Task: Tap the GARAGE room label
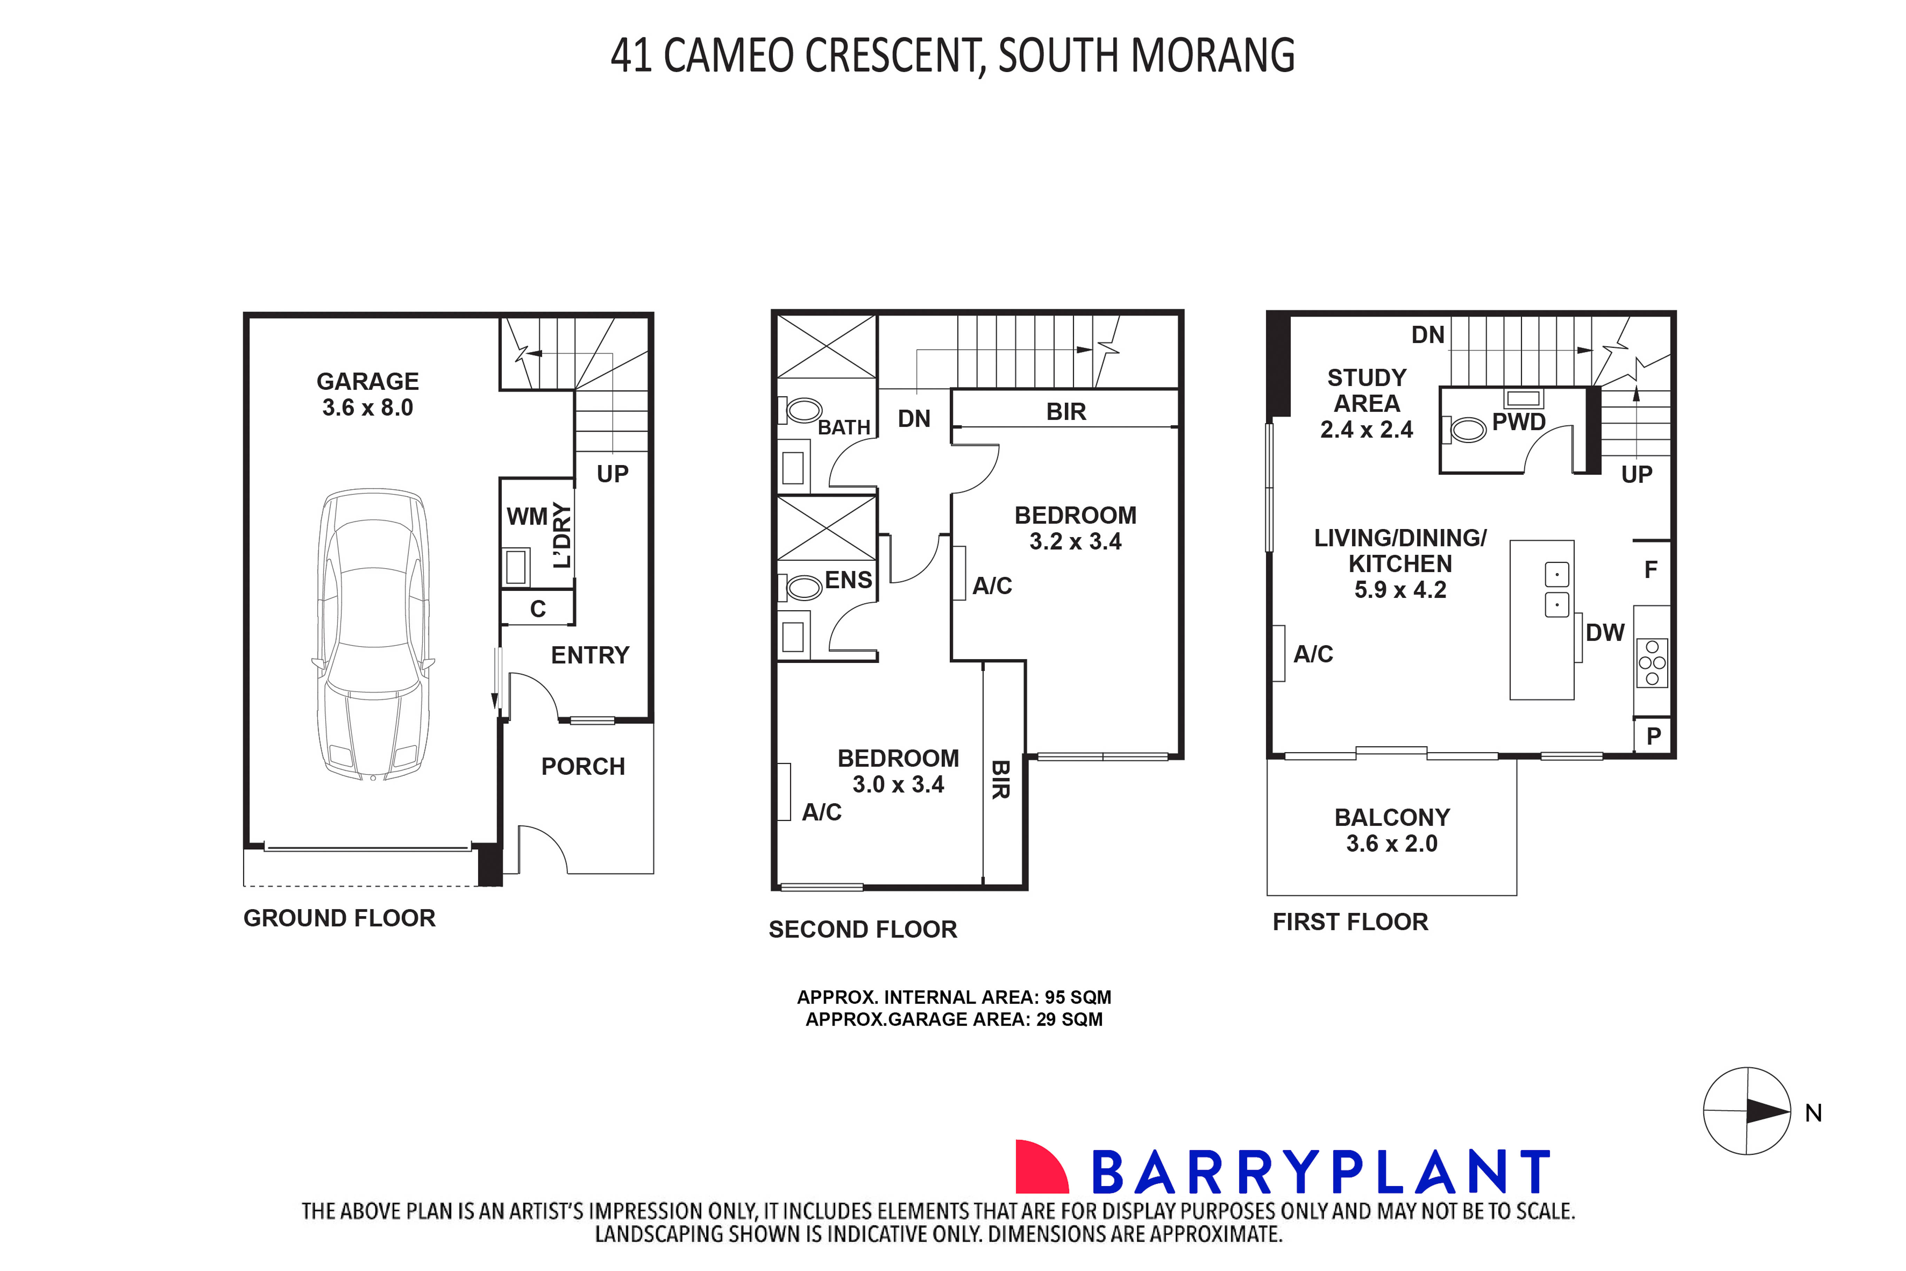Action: (x=367, y=381)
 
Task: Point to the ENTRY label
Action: (x=589, y=655)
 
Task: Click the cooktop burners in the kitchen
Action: (x=1652, y=662)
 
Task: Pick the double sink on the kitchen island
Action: (x=1556, y=589)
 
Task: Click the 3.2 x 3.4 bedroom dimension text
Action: (x=1075, y=542)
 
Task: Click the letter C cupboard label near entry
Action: (x=538, y=609)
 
